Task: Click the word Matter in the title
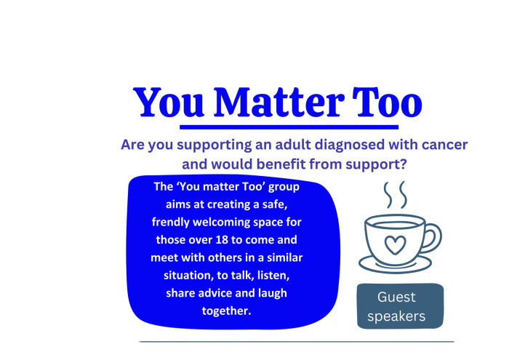[278, 102]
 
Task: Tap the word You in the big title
[169, 102]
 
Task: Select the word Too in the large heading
[388, 102]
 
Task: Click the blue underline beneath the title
[289, 127]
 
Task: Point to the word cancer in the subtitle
[444, 145]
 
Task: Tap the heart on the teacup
[395, 245]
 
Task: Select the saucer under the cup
[395, 265]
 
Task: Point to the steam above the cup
[395, 195]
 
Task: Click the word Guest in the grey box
[396, 297]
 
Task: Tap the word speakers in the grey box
[396, 316]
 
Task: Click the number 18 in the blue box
[222, 240]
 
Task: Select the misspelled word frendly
[171, 223]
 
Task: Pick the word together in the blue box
[227, 311]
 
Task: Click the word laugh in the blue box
[273, 293]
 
